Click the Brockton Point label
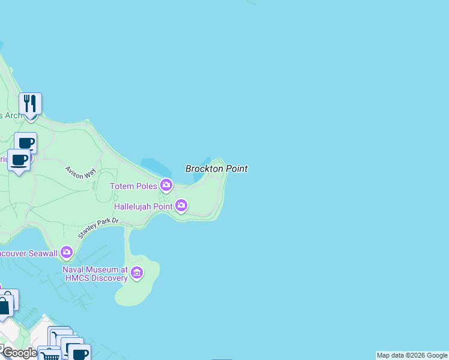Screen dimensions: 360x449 coord(216,169)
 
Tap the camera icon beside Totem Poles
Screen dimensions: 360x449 coord(166,185)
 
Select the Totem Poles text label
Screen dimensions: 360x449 coord(133,187)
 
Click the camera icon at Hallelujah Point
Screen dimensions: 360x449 coord(181,206)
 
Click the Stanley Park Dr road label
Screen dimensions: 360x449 coord(99,229)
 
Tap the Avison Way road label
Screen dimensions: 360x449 coord(81,172)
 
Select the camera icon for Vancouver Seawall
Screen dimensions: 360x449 coord(66,252)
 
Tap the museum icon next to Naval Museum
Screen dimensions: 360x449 coord(137,274)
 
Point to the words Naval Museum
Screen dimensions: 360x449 coord(90,269)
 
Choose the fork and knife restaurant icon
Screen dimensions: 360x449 coord(29,104)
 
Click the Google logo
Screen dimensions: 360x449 coord(19,353)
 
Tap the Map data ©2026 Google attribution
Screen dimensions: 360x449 coord(412,355)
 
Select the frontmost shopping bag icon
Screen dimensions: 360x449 coord(4,306)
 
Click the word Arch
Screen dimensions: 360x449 coord(13,115)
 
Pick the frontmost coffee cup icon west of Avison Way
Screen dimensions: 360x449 coord(19,160)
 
